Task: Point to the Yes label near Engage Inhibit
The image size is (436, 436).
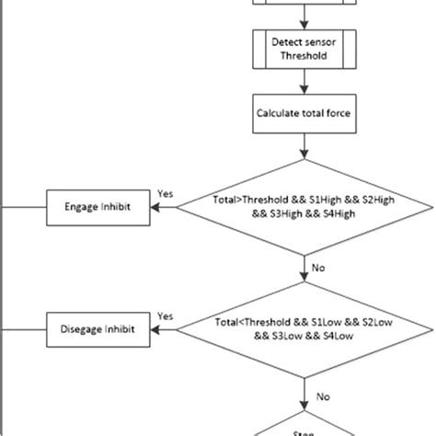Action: [x=166, y=195]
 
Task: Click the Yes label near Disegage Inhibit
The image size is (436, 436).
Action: [x=166, y=315]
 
